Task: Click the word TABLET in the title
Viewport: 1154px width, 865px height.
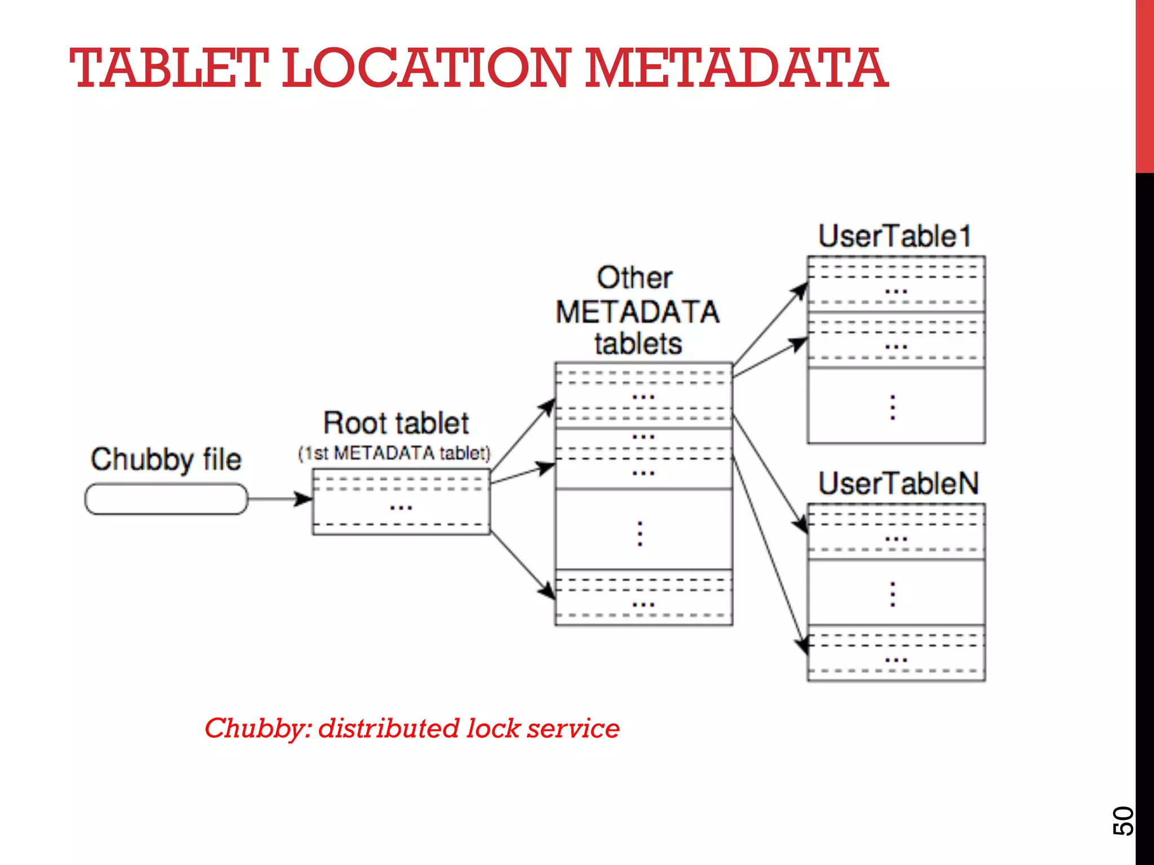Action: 168,69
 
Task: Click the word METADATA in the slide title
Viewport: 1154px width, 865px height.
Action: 736,69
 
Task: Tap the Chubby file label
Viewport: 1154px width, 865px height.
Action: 166,459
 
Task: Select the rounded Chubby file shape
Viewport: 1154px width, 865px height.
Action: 166,499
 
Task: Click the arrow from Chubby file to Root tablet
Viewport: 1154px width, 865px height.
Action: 279,499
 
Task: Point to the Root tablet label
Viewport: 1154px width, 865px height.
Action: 396,423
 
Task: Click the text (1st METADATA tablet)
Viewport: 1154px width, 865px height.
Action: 394,453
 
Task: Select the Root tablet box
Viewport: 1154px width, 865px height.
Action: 401,502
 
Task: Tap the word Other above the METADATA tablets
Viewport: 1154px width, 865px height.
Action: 634,278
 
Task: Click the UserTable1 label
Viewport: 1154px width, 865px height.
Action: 895,237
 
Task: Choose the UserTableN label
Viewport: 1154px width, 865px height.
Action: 898,484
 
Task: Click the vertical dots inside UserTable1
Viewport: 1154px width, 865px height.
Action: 893,407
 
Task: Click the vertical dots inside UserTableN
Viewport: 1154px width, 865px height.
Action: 893,594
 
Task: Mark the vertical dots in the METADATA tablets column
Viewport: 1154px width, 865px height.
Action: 640,533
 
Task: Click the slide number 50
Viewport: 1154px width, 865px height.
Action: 1122,821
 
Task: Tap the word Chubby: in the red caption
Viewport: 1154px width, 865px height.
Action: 257,729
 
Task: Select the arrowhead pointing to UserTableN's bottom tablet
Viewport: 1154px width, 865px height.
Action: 802,645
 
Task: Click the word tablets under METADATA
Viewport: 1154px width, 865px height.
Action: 638,344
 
